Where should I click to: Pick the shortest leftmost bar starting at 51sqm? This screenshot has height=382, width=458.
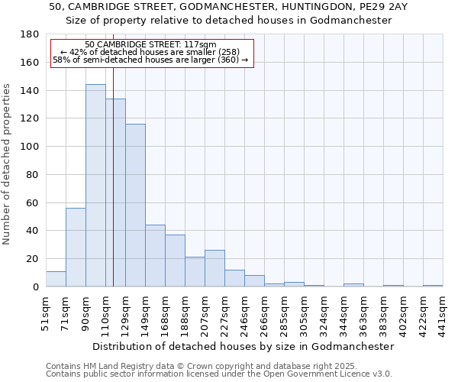pyautogui.click(x=56, y=279)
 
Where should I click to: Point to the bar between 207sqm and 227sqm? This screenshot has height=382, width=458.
pyautogui.click(x=214, y=268)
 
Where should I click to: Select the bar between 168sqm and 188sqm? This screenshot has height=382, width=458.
pyautogui.click(x=175, y=261)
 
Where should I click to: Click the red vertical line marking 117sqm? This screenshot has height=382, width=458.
pyautogui.click(x=113, y=191)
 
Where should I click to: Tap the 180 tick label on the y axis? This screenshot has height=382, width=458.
pyautogui.click(x=30, y=34)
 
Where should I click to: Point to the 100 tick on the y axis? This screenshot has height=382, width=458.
pyautogui.click(x=30, y=147)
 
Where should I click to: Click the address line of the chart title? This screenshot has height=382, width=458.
pyautogui.click(x=228, y=6)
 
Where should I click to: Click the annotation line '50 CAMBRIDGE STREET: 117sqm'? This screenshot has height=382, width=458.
pyautogui.click(x=151, y=45)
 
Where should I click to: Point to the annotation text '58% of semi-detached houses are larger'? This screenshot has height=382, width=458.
pyautogui.click(x=150, y=60)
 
